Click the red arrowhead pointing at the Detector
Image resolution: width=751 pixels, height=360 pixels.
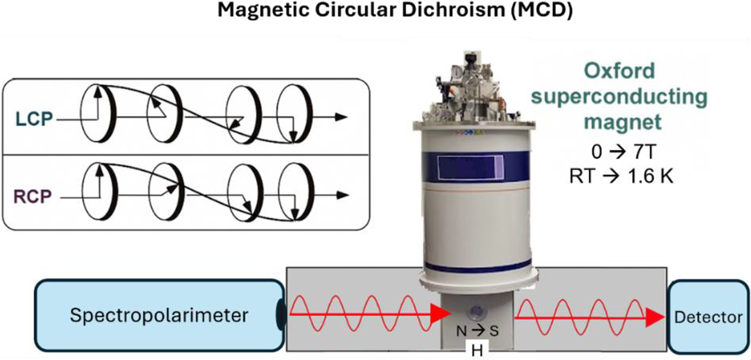click(654, 317)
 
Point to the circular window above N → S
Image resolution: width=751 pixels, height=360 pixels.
click(477, 312)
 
